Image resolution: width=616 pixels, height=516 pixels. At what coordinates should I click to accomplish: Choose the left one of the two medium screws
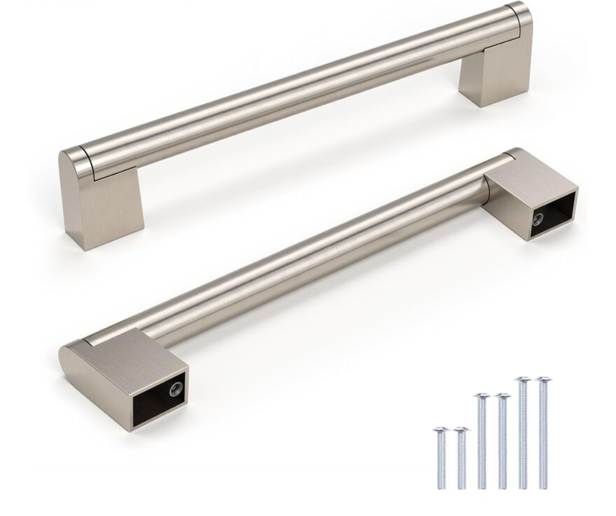pos(483,439)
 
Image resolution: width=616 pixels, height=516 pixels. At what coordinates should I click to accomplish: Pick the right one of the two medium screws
pos(502,439)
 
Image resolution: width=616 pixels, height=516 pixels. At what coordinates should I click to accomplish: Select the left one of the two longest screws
pos(523,430)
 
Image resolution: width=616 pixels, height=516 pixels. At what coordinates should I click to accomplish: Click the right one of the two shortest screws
pos(461,456)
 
